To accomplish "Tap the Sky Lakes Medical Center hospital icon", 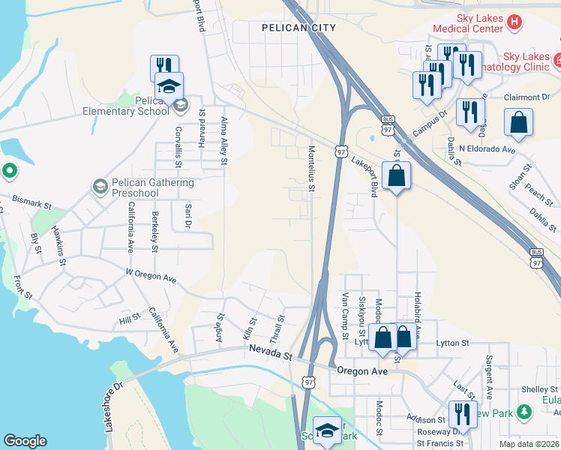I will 514,22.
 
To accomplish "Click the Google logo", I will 25,441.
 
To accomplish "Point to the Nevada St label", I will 267,352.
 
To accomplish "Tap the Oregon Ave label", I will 362,371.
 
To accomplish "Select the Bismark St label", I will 31,202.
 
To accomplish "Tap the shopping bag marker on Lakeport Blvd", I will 396,176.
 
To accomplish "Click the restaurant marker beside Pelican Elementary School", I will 164,67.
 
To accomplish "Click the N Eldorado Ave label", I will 487,149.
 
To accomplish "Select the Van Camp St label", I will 345,313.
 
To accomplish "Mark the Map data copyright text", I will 529,444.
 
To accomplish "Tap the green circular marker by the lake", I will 9,172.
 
